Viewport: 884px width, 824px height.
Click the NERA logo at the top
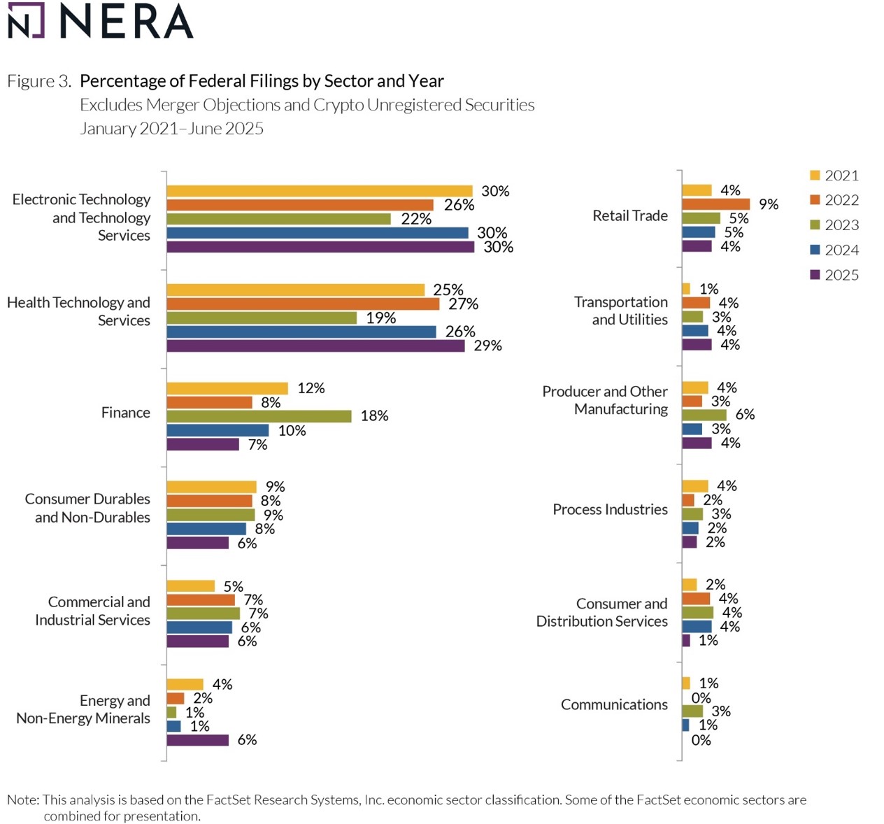100,21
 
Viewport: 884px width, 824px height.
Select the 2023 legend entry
834,225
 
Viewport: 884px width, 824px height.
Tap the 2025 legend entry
834,275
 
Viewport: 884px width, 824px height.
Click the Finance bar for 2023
259,416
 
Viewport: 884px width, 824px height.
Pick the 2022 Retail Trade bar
715,204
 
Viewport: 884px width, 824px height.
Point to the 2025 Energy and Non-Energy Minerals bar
197,740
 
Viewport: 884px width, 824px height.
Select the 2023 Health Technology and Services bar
262,318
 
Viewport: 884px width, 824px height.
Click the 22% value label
416,219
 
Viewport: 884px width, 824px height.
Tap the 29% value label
487,346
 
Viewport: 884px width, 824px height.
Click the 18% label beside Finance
374,416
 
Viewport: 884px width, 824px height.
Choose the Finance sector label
126,413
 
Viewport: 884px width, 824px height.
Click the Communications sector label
614,704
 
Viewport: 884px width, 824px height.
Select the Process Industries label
610,509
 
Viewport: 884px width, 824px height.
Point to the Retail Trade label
629,215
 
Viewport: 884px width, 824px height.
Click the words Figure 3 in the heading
39,81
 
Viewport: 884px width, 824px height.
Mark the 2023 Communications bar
692,711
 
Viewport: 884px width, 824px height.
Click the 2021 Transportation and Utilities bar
686,289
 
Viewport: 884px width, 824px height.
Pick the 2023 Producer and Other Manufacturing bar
704,415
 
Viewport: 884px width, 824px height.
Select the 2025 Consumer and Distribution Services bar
686,641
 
